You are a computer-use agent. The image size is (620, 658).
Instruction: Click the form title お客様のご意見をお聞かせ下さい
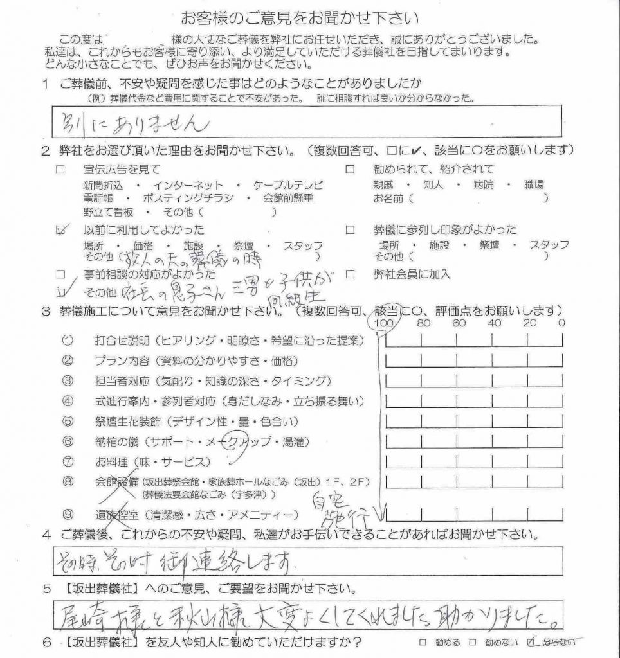point(309,17)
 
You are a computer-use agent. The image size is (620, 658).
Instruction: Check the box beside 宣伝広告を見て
point(60,170)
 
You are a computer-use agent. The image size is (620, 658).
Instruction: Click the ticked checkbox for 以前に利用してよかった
point(60,229)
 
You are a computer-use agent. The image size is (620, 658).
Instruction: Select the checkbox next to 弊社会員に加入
point(351,274)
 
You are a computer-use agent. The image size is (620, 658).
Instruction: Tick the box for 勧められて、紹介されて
point(351,170)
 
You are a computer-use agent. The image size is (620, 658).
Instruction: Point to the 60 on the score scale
point(459,323)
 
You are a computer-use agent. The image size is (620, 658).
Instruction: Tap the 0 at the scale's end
point(561,323)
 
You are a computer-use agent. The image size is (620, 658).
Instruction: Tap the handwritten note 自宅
point(326,499)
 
